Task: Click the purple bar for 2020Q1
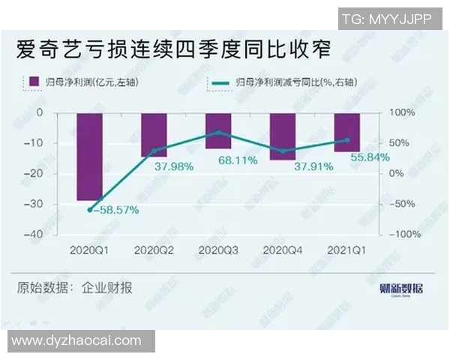point(89,157)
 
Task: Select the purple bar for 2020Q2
point(154,135)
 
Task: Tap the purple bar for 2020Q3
point(218,130)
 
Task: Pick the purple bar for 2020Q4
point(283,136)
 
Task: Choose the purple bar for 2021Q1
point(347,132)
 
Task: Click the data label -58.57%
point(114,211)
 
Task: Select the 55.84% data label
point(367,157)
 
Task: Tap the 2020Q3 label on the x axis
point(218,249)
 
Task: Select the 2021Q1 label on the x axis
point(347,249)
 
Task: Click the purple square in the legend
point(33,81)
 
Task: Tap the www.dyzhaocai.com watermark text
point(76,340)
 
